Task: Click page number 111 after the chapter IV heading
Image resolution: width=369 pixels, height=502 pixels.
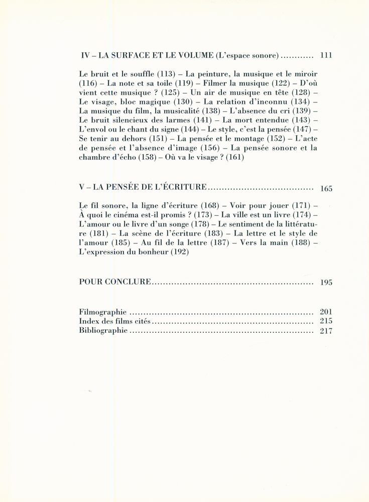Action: pyautogui.click(x=326, y=56)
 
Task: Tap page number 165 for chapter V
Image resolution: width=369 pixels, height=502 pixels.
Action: pyautogui.click(x=326, y=189)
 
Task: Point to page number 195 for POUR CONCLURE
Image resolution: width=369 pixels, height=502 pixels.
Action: pyautogui.click(x=326, y=283)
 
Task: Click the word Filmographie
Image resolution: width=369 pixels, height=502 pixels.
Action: pyautogui.click(x=102, y=312)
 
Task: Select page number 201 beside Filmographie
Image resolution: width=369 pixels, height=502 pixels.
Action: pyautogui.click(x=326, y=312)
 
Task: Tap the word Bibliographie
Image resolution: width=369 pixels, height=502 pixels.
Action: pyautogui.click(x=103, y=331)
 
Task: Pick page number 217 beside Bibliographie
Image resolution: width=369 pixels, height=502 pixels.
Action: pyautogui.click(x=326, y=331)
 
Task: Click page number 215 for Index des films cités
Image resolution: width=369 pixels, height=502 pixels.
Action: pyautogui.click(x=326, y=321)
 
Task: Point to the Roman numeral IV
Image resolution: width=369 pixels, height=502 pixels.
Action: pyautogui.click(x=85, y=56)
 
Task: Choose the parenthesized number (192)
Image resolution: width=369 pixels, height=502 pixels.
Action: pyautogui.click(x=179, y=252)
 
